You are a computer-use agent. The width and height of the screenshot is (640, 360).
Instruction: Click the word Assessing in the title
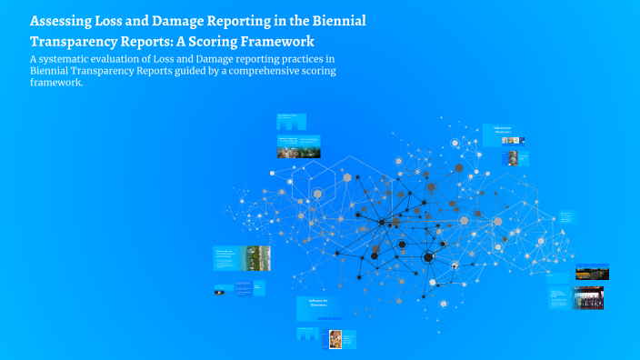coord(62,21)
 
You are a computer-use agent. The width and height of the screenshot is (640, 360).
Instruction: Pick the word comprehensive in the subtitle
coord(259,71)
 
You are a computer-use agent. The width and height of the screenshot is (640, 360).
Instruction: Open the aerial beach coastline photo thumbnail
coord(257,256)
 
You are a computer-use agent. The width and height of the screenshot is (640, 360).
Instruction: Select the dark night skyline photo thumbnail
coord(592,272)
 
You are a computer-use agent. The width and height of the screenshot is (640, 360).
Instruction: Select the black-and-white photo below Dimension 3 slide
coord(513,158)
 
